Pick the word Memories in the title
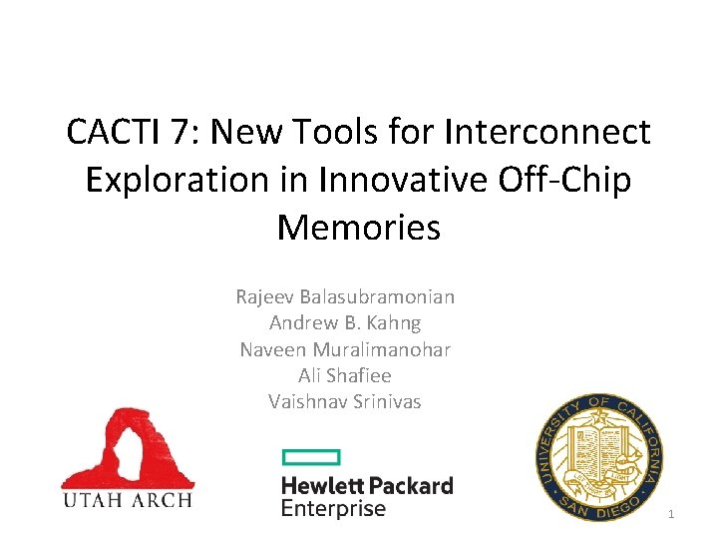358,227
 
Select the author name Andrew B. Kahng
345,322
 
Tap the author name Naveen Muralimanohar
345,349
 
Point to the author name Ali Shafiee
345,375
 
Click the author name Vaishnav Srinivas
345,401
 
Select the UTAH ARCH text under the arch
127,499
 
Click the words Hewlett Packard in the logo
367,486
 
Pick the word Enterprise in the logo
333,509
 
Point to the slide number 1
671,514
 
